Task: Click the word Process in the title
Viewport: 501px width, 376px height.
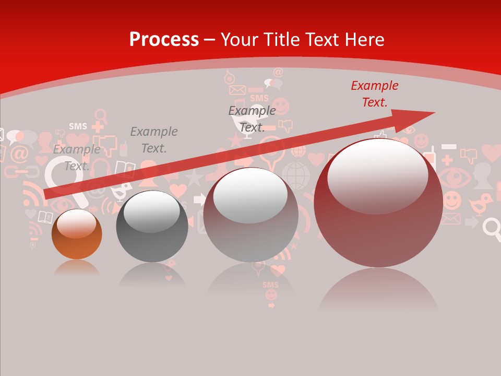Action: click(164, 40)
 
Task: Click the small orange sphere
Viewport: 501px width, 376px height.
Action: click(77, 234)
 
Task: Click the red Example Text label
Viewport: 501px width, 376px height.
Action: click(374, 94)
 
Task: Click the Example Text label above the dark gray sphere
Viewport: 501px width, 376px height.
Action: click(153, 140)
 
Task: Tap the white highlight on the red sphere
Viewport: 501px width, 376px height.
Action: click(377, 175)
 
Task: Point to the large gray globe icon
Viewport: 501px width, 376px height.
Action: click(295, 175)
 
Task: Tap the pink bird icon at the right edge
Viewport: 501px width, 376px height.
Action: click(480, 204)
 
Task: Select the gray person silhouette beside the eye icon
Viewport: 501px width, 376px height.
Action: click(483, 175)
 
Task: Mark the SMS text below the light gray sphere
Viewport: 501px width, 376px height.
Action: click(270, 285)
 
